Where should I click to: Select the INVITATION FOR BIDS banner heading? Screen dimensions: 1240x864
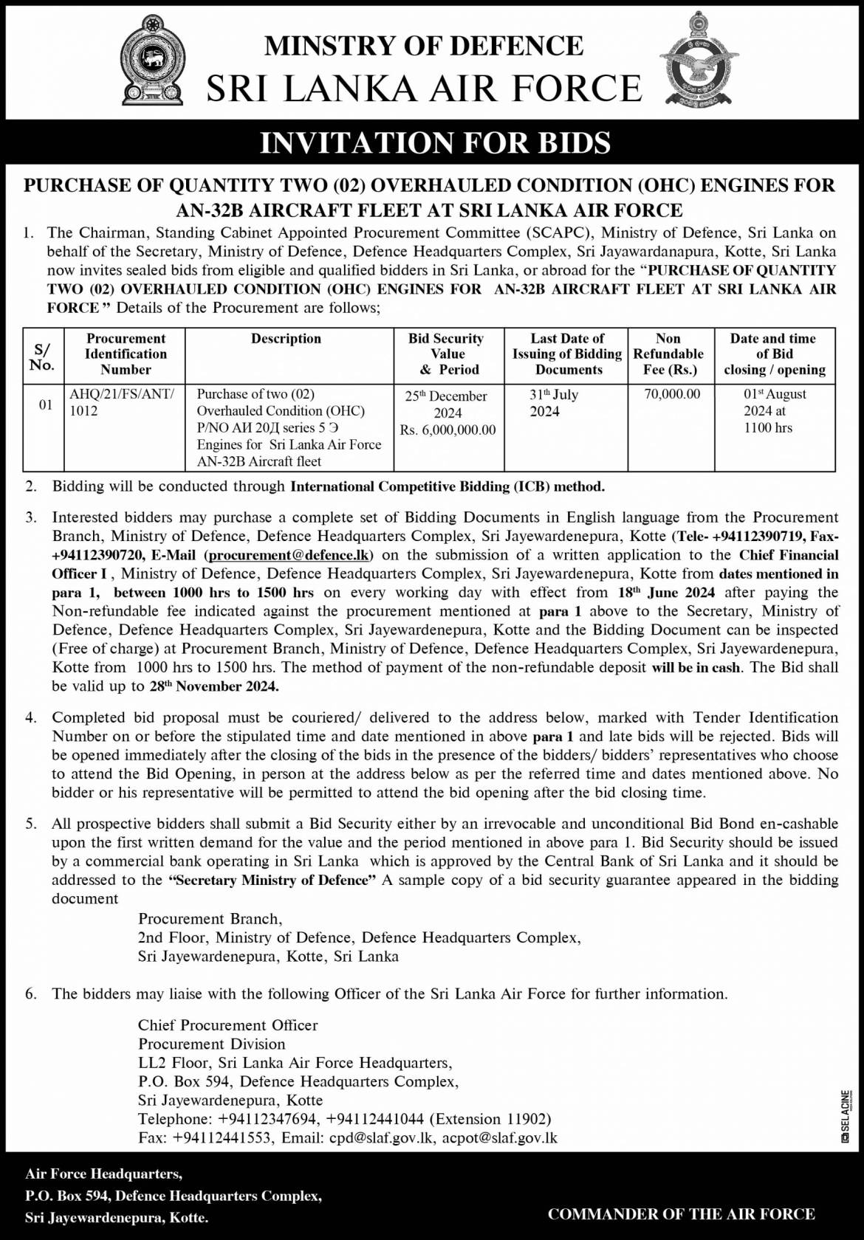coord(435,142)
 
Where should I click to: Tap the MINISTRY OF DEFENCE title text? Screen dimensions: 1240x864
coord(424,46)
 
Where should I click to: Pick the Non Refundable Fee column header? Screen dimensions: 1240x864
coord(668,354)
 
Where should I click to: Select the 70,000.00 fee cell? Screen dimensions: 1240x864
coord(672,395)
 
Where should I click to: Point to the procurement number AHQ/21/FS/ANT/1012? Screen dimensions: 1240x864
coord(121,403)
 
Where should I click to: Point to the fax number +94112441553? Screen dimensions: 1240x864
coord(222,1138)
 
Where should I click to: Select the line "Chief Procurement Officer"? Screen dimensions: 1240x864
coord(227,1025)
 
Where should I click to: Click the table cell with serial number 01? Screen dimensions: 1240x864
coord(44,404)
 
